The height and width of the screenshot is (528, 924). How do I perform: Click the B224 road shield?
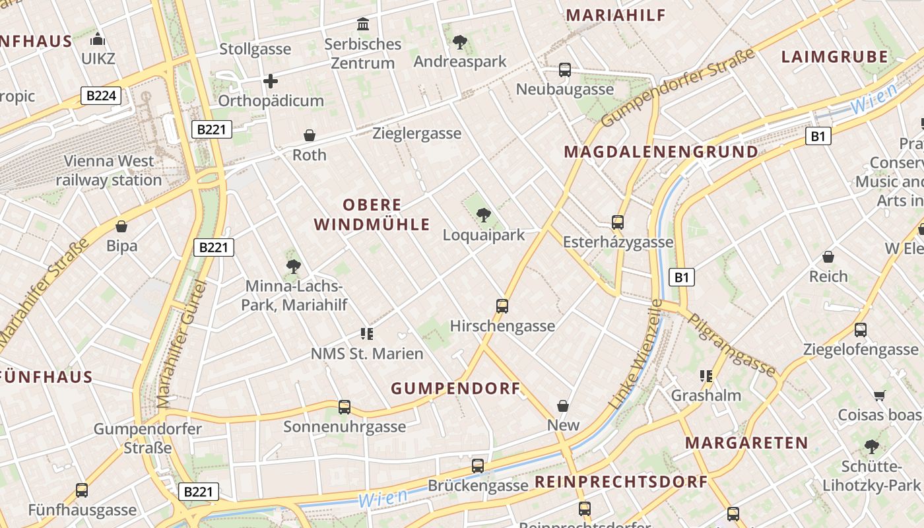pyautogui.click(x=101, y=96)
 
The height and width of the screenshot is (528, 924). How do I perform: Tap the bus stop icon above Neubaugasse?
pyautogui.click(x=564, y=69)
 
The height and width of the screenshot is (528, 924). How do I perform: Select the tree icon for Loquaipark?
pyautogui.click(x=484, y=214)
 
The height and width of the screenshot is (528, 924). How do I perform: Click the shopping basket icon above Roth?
pyautogui.click(x=309, y=135)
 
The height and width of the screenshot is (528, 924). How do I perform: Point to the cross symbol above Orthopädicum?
pyautogui.click(x=271, y=81)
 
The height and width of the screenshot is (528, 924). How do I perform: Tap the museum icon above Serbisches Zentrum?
pyautogui.click(x=363, y=24)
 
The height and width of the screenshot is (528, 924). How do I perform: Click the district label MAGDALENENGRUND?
pyautogui.click(x=661, y=152)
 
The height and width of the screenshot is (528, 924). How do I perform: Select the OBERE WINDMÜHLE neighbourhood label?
pyautogui.click(x=372, y=214)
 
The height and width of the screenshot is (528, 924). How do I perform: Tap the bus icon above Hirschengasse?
pyautogui.click(x=502, y=306)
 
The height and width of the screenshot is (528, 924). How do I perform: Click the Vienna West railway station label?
pyautogui.click(x=109, y=170)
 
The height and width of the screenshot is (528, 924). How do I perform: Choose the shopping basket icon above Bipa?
pyautogui.click(x=121, y=226)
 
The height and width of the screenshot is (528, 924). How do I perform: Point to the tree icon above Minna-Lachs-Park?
pyautogui.click(x=294, y=266)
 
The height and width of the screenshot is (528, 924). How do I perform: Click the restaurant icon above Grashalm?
pyautogui.click(x=706, y=376)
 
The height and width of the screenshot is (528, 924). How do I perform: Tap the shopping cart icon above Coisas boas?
pyautogui.click(x=879, y=395)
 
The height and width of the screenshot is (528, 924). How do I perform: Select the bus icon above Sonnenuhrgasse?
pyautogui.click(x=344, y=407)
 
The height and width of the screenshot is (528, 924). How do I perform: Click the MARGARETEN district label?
pyautogui.click(x=746, y=442)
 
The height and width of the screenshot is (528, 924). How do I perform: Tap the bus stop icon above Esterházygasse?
pyautogui.click(x=618, y=222)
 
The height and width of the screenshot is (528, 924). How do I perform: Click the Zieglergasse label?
pyautogui.click(x=416, y=133)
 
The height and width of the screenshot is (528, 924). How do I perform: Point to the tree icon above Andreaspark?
pyautogui.click(x=459, y=42)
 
